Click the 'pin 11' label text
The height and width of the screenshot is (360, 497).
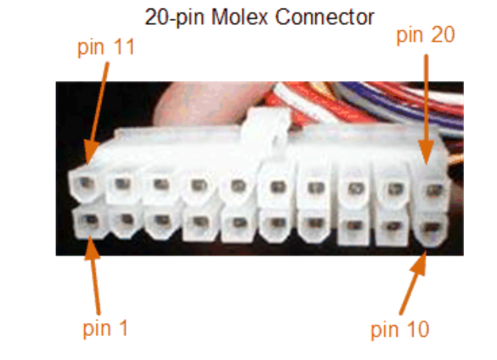pos(106,48)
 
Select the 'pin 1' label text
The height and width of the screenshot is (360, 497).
pos(105,328)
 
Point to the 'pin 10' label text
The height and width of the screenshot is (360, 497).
pos(399,330)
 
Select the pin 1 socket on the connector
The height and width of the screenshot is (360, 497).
pos(87,224)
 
